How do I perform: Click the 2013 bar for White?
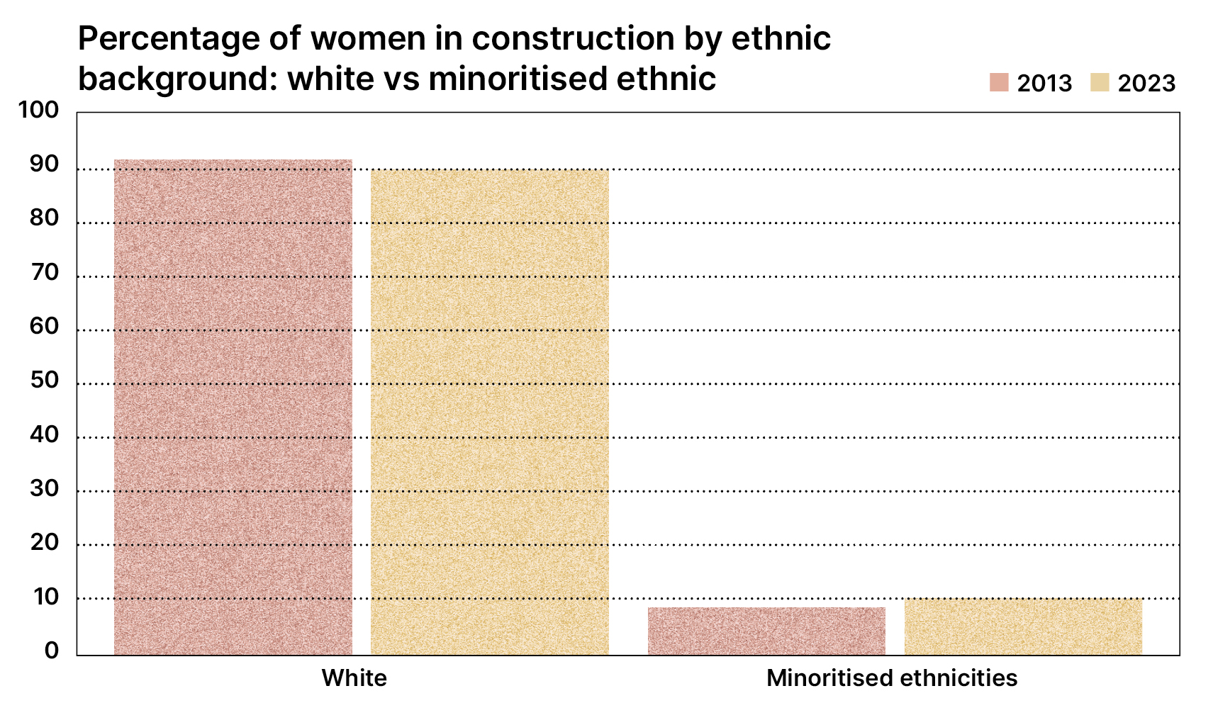(x=233, y=407)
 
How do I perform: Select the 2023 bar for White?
(x=490, y=412)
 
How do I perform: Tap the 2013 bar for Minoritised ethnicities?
(x=766, y=631)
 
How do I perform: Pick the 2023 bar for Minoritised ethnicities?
(x=1023, y=626)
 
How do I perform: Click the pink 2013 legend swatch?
(x=999, y=82)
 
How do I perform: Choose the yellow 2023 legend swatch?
(x=1100, y=82)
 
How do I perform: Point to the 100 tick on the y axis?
(x=38, y=110)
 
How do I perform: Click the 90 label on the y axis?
(x=44, y=164)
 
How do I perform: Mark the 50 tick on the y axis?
(x=44, y=381)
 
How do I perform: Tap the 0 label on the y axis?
(x=52, y=651)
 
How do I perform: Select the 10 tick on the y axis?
(x=44, y=597)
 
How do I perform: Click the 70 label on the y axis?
(x=44, y=272)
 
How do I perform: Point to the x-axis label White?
(x=354, y=678)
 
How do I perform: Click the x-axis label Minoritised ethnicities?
(x=892, y=678)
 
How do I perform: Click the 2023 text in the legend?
(x=1146, y=83)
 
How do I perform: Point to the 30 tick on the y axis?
(x=44, y=488)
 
